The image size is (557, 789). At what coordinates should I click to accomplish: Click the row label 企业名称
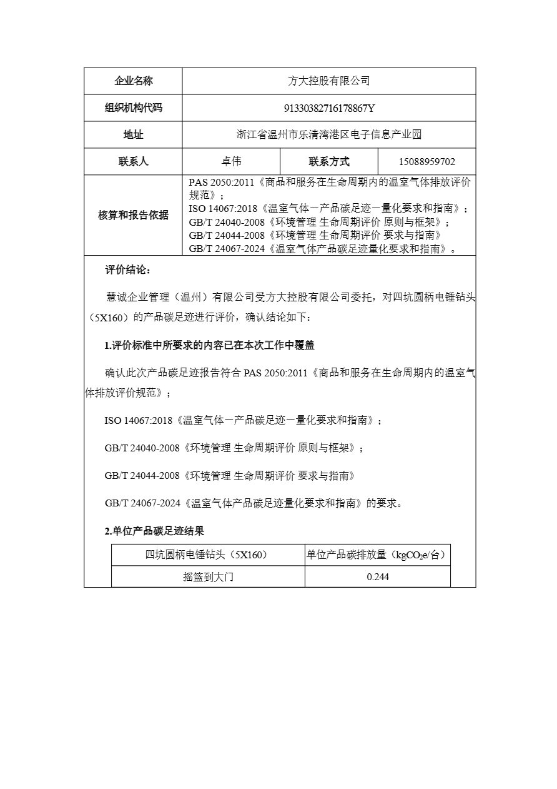[x=133, y=81]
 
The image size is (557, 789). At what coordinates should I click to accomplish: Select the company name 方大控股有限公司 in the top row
[x=328, y=81]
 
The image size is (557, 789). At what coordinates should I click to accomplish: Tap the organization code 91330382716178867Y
[x=329, y=108]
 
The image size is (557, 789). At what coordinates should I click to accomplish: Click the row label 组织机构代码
[x=133, y=108]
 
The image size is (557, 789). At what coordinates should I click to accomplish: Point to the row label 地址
[x=133, y=134]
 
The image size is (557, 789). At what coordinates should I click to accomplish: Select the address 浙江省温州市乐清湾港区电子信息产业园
[x=329, y=134]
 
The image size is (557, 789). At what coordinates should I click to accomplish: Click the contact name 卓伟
[x=231, y=161]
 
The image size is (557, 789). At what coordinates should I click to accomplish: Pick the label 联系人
[x=133, y=161]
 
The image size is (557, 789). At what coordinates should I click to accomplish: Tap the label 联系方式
[x=329, y=161]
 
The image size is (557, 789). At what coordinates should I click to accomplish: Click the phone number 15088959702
[x=427, y=161]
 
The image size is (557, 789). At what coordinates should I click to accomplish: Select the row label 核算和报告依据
[x=133, y=215]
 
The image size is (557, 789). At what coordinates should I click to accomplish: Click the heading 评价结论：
[x=127, y=270]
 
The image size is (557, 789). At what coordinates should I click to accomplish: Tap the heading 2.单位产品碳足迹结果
[x=154, y=531]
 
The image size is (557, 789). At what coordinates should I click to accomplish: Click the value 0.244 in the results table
[x=378, y=577]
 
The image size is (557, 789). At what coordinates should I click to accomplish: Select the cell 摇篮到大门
[x=208, y=577]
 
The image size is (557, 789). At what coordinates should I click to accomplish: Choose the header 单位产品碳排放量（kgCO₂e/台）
[x=377, y=555]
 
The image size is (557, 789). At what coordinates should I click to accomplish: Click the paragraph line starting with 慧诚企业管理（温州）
[x=290, y=296]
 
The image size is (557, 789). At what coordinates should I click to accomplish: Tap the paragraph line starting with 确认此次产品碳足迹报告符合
[x=290, y=373]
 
